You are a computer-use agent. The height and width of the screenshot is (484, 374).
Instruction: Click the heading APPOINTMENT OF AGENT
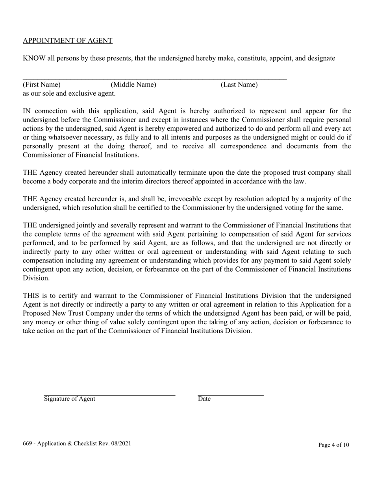(67, 41)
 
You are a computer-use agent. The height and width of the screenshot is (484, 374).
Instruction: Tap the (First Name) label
(42, 85)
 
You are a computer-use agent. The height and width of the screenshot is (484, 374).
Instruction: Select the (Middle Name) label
(133, 85)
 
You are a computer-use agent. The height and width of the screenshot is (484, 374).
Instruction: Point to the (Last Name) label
(239, 85)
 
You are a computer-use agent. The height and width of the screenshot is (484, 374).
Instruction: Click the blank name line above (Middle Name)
(133, 79)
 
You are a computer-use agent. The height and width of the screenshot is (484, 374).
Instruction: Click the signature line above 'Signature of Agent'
(109, 395)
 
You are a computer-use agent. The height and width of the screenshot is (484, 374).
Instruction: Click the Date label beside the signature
(204, 399)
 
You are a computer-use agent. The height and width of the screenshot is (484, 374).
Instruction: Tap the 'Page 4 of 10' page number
(333, 445)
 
